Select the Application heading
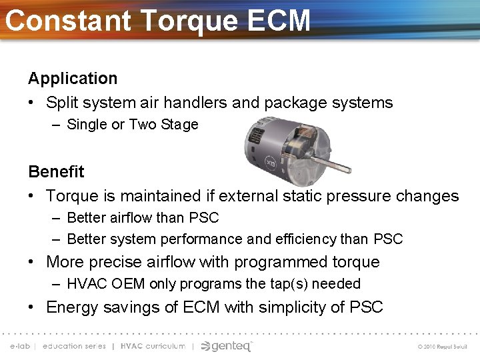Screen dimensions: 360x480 (x=73, y=78)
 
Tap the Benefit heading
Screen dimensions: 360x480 (x=56, y=171)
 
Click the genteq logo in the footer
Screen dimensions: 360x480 (x=227, y=346)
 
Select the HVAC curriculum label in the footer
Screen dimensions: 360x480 (x=153, y=347)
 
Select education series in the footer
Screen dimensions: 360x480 (x=74, y=347)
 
